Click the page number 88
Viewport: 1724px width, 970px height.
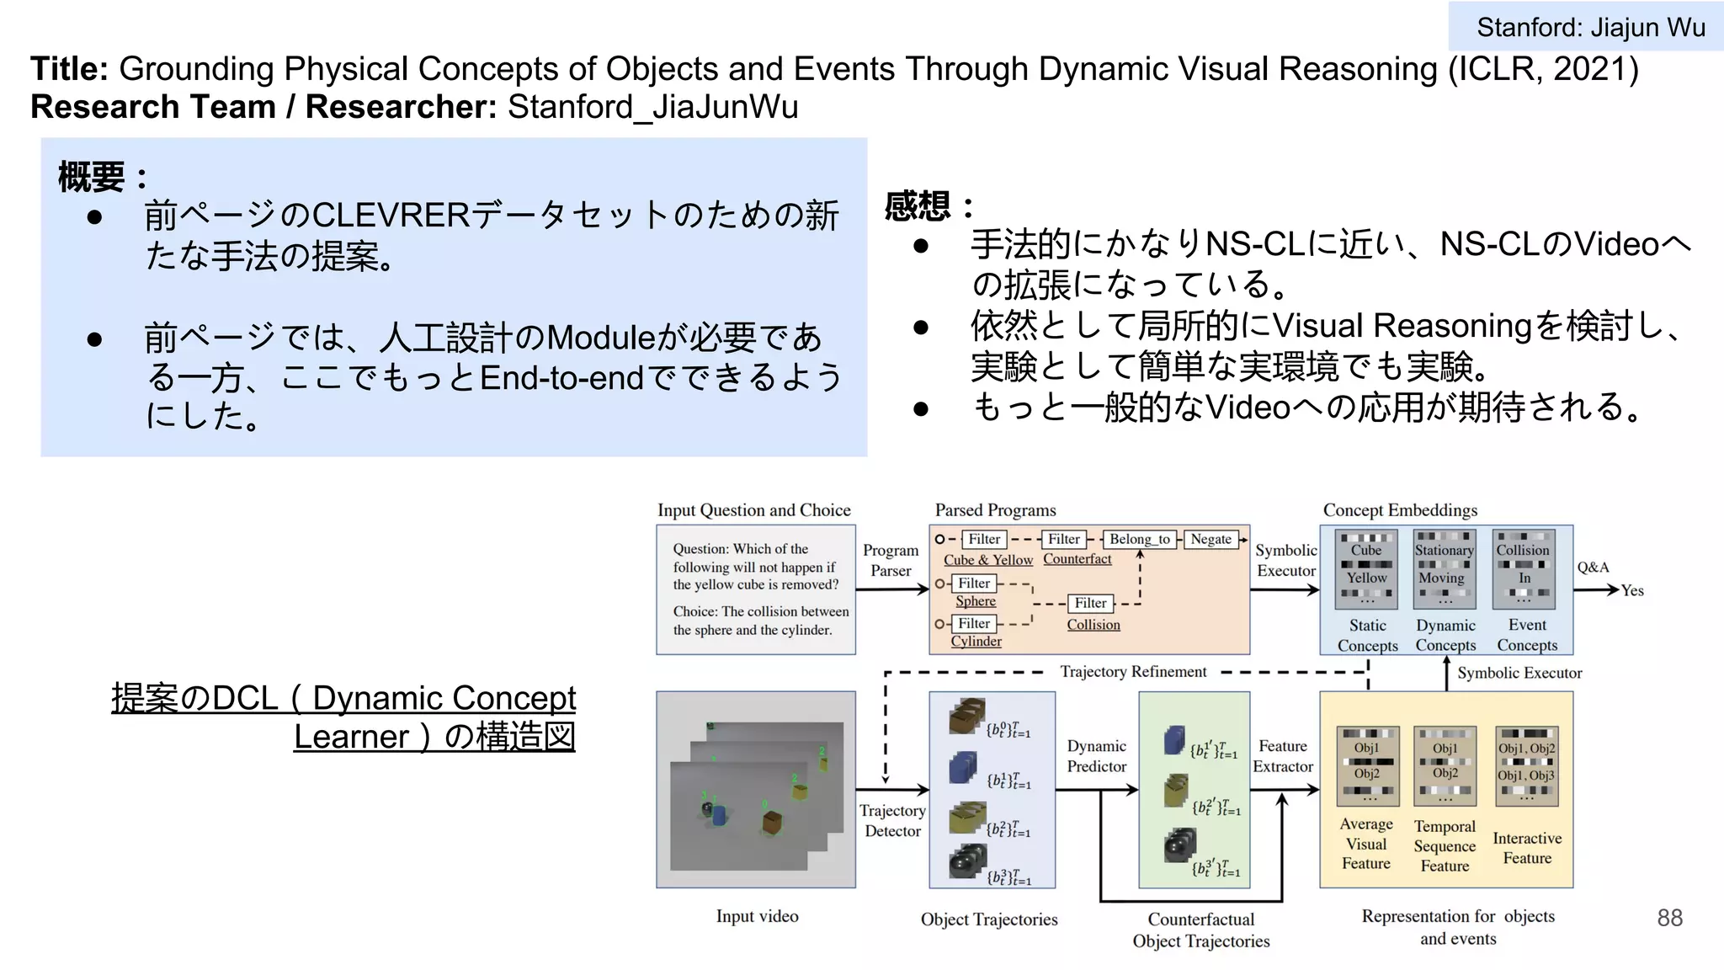[x=1669, y=917]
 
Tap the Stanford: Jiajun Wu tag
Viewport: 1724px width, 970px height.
[x=1589, y=27]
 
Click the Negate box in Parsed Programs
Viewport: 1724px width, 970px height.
[x=1211, y=539]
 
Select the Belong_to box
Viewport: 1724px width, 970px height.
[x=1139, y=539]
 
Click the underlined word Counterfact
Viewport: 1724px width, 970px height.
[x=1077, y=559]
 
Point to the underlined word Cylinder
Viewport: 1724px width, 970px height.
[x=976, y=642]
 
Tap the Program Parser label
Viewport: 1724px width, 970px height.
[x=890, y=560]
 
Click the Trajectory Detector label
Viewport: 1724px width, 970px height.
[x=892, y=820]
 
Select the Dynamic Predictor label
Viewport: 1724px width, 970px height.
[x=1096, y=756]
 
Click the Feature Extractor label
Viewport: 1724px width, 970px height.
[x=1282, y=756]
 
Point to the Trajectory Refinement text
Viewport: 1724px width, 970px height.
[x=1132, y=672]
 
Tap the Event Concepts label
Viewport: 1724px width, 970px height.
[x=1526, y=635]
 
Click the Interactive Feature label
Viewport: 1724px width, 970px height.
[x=1526, y=848]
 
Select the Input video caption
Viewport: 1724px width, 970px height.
[x=757, y=916]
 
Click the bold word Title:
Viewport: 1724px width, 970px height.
[x=69, y=69]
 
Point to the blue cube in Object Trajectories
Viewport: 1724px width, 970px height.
[x=961, y=769]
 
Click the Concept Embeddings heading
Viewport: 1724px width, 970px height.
[x=1399, y=510]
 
